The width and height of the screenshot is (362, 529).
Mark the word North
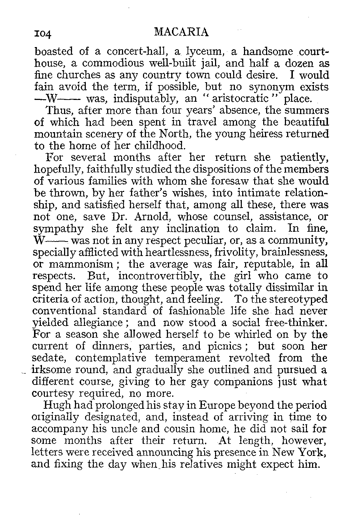(x=173, y=134)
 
